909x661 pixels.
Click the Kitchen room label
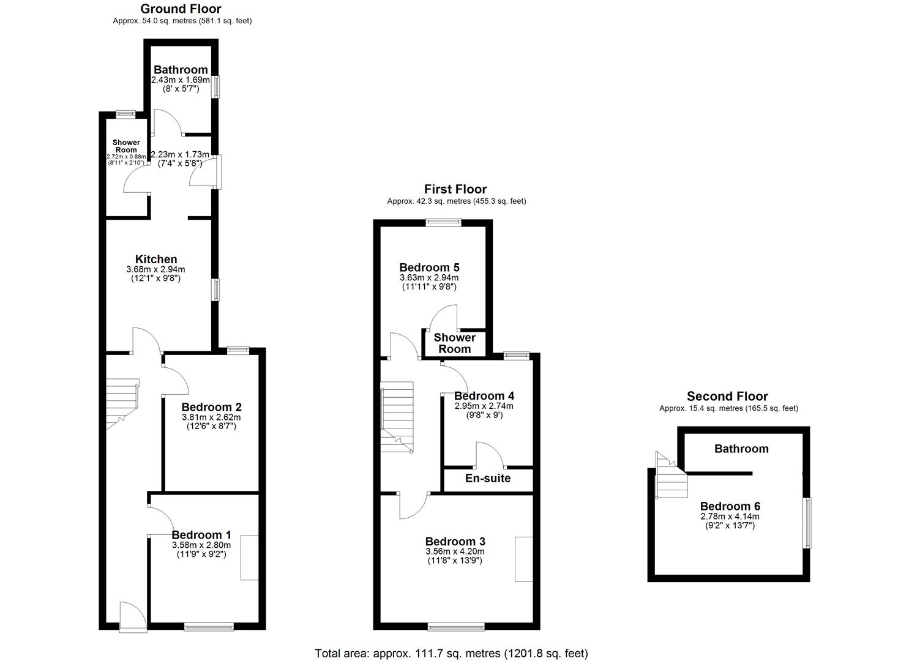click(156, 260)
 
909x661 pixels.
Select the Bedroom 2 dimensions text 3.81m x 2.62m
click(211, 417)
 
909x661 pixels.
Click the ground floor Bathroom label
click(180, 70)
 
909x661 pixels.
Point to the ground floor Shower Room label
click(126, 146)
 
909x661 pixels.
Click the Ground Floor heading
click(181, 9)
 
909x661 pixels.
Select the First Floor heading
click(455, 189)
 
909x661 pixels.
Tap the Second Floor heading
click(727, 396)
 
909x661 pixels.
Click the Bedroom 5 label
click(429, 267)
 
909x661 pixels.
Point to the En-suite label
click(487, 478)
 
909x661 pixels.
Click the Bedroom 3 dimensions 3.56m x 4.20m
click(455, 551)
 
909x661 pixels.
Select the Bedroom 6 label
click(730, 506)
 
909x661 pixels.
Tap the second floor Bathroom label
click(741, 449)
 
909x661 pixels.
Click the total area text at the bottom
click(451, 653)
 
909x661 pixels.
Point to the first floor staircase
click(397, 416)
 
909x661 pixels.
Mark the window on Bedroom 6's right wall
click(807, 523)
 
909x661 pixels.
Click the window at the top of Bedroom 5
click(444, 222)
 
